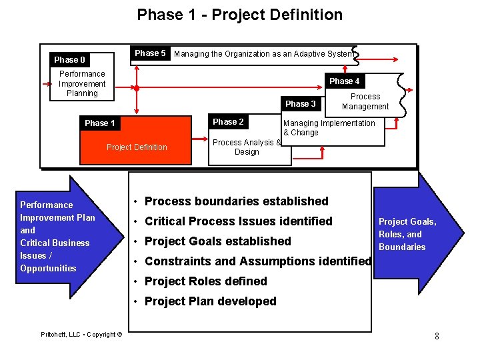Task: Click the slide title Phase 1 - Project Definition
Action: [x=240, y=15]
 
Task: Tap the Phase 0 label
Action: [x=69, y=60]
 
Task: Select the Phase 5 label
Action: [x=150, y=53]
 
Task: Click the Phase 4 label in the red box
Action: [x=344, y=81]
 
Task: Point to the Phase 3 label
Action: [x=300, y=104]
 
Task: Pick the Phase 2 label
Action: [x=227, y=122]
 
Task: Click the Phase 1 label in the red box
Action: [x=99, y=123]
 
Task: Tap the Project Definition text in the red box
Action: [x=137, y=147]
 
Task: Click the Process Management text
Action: [x=365, y=102]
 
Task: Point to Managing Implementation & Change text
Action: [x=329, y=128]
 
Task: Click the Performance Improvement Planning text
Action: [x=82, y=84]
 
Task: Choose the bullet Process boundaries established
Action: [x=236, y=201]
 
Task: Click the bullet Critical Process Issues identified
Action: [x=238, y=221]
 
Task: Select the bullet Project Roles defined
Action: [x=205, y=281]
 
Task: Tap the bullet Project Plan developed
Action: [x=210, y=301]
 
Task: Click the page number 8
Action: [x=437, y=336]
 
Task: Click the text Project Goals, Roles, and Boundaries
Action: [x=407, y=234]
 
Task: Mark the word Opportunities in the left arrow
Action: [x=48, y=269]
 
